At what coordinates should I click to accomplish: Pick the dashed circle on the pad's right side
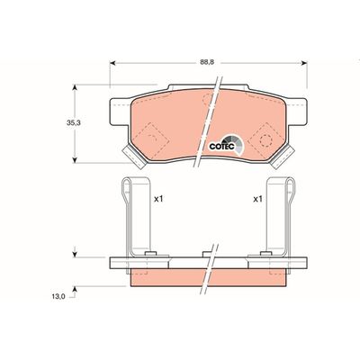[265, 139]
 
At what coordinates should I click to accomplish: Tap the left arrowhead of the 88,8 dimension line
[113, 64]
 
